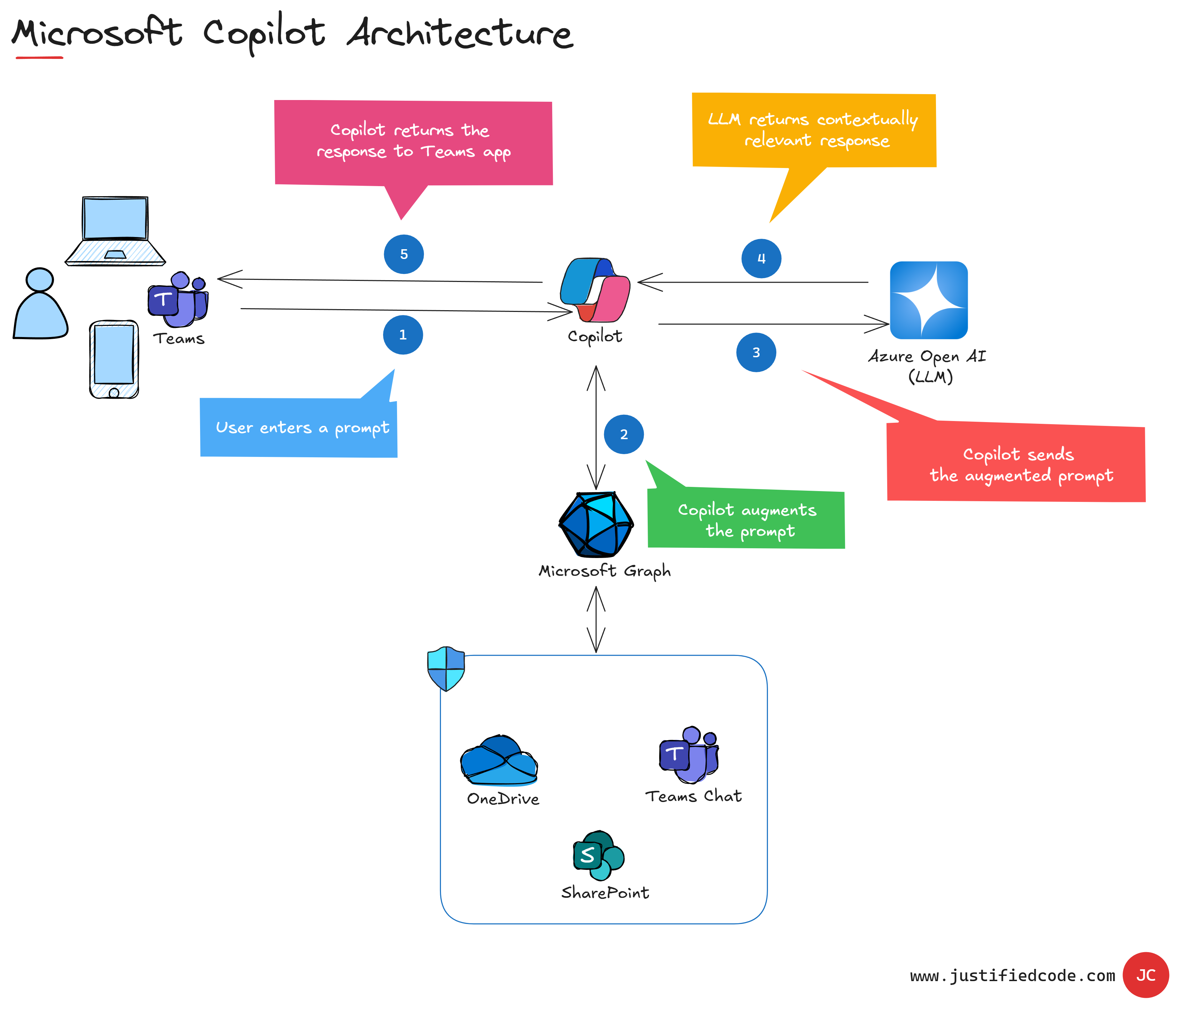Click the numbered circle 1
(403, 335)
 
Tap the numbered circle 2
(624, 435)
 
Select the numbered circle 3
(756, 352)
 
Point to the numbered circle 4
(761, 259)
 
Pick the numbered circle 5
(404, 254)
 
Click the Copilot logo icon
(595, 290)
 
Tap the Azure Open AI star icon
(928, 300)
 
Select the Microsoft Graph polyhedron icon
(596, 524)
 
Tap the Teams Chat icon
(689, 755)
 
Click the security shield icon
(446, 668)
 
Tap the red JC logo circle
(1145, 975)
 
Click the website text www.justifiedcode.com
(1012, 976)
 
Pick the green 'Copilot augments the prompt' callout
(747, 518)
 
